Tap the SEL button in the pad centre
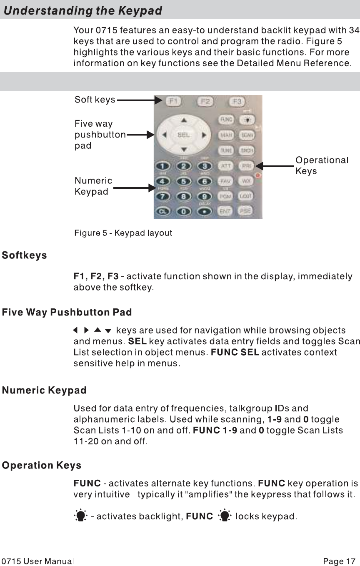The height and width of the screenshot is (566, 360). (183, 135)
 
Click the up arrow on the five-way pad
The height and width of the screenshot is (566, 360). (184, 120)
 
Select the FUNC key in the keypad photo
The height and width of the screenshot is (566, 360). (226, 120)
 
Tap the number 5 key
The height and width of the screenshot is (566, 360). (184, 181)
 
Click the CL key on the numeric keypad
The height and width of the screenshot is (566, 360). (163, 211)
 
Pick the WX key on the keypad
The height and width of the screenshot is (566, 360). (246, 181)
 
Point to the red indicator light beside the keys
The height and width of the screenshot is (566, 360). (258, 175)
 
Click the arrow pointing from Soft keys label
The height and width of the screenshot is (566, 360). (140, 100)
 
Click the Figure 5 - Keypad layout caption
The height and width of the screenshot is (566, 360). (123, 233)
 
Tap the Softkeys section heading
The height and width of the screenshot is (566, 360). (25, 255)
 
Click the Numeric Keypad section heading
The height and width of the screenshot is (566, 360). (44, 391)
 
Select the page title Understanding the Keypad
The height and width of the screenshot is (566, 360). (83, 11)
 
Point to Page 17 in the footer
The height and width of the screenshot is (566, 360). (339, 561)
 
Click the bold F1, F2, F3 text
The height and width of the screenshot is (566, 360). (96, 276)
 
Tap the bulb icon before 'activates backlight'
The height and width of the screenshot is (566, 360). (80, 516)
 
